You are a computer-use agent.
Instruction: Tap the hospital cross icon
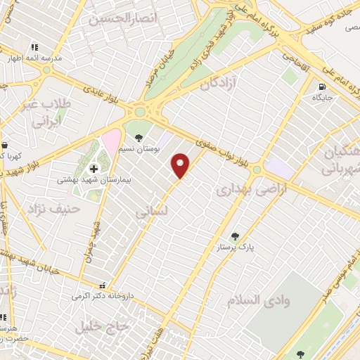coord(94,168)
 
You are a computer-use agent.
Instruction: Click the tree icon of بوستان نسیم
coord(138,137)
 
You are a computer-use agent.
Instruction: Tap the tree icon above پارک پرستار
coord(235,237)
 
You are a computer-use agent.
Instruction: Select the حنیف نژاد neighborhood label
coord(54,209)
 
